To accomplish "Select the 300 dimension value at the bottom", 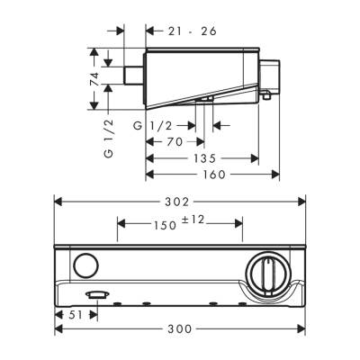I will pos(181,329).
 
